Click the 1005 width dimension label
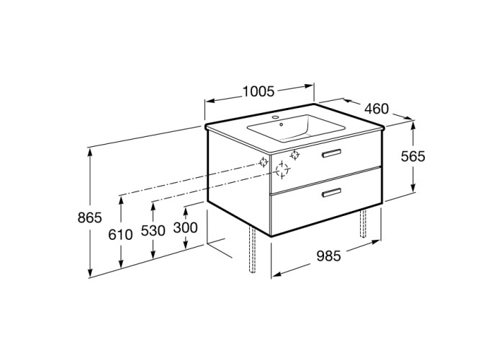(x=258, y=91)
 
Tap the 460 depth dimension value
(x=377, y=109)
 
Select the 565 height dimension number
(x=413, y=156)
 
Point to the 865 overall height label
(x=90, y=218)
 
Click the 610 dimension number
(x=120, y=235)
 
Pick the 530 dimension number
(x=153, y=230)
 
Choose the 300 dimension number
(x=186, y=228)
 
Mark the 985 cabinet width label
(x=328, y=256)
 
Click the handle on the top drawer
(x=332, y=153)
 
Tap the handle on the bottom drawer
(x=332, y=192)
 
